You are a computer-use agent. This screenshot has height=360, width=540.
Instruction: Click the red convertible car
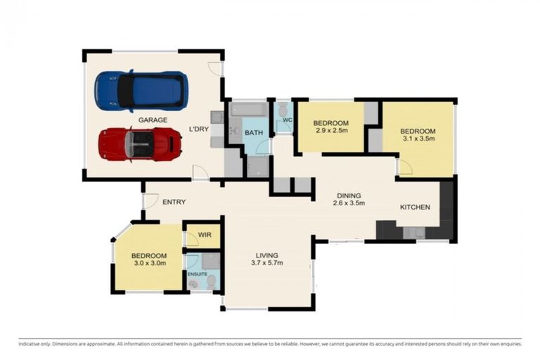click(140, 144)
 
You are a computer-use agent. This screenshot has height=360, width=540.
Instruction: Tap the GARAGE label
click(153, 120)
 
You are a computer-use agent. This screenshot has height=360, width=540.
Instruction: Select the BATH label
click(254, 132)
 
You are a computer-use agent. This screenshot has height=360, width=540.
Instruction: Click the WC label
click(287, 120)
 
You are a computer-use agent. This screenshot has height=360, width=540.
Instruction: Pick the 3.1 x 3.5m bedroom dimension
click(418, 140)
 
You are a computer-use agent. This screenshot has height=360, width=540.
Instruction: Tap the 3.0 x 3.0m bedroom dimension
click(149, 264)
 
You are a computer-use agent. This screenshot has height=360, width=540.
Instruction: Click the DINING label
click(348, 195)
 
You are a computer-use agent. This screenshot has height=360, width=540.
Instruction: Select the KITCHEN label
click(415, 207)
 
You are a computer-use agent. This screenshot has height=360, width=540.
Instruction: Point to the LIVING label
click(266, 255)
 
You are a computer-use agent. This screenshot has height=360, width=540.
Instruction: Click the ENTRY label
click(174, 202)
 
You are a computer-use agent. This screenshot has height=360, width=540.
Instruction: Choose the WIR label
click(205, 234)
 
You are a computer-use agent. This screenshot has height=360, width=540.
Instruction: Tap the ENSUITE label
click(197, 273)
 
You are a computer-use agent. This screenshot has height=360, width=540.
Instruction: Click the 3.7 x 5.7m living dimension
click(266, 264)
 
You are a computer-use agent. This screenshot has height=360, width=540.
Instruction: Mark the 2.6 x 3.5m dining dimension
click(348, 204)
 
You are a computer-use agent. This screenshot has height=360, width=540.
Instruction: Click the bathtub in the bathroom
click(249, 110)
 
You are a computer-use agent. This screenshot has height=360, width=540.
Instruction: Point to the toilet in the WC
click(283, 110)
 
